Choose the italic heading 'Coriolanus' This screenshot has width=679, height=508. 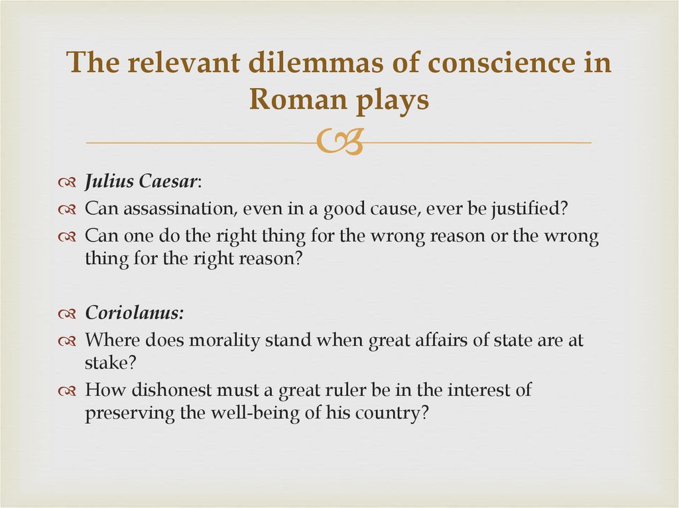133,315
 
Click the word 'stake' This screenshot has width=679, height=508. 103,362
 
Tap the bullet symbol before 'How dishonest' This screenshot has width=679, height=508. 68,391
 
